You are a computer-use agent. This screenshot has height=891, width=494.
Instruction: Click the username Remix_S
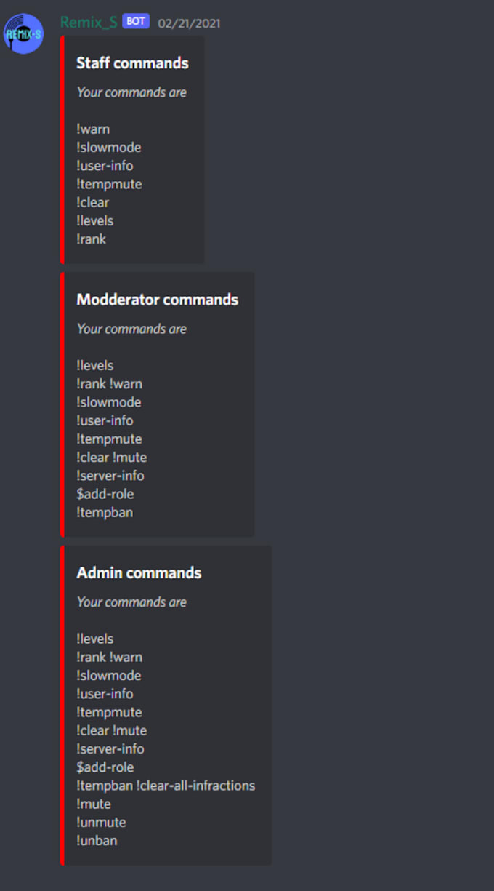point(89,22)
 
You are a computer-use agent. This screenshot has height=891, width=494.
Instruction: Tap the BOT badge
point(136,21)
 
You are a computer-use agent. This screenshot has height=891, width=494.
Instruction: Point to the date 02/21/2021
point(189,23)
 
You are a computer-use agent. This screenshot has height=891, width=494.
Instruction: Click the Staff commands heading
point(132,63)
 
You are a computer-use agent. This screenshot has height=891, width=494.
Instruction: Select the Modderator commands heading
point(157,300)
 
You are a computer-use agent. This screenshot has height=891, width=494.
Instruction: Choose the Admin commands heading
point(139,573)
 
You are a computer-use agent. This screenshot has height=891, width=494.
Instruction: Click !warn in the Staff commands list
point(93,129)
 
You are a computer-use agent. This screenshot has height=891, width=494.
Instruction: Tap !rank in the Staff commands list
point(91,239)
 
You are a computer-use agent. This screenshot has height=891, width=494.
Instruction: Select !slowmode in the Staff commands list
point(108,148)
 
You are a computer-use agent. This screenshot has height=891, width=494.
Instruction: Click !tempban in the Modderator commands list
point(104,512)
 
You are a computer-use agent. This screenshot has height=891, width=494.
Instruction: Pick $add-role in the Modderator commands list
point(105,494)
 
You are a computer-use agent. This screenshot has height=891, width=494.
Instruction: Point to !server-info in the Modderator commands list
point(110,476)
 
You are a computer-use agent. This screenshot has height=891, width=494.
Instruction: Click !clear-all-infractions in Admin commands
point(195,786)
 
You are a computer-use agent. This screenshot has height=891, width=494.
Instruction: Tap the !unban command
point(97,840)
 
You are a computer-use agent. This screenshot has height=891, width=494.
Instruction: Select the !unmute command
point(101,822)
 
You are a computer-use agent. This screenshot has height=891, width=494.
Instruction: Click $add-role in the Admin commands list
point(105,767)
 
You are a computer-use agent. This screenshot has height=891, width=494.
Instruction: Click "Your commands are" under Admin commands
point(131,602)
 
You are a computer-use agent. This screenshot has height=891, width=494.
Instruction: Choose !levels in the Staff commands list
point(94,220)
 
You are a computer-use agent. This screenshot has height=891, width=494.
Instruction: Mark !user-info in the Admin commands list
point(105,694)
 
